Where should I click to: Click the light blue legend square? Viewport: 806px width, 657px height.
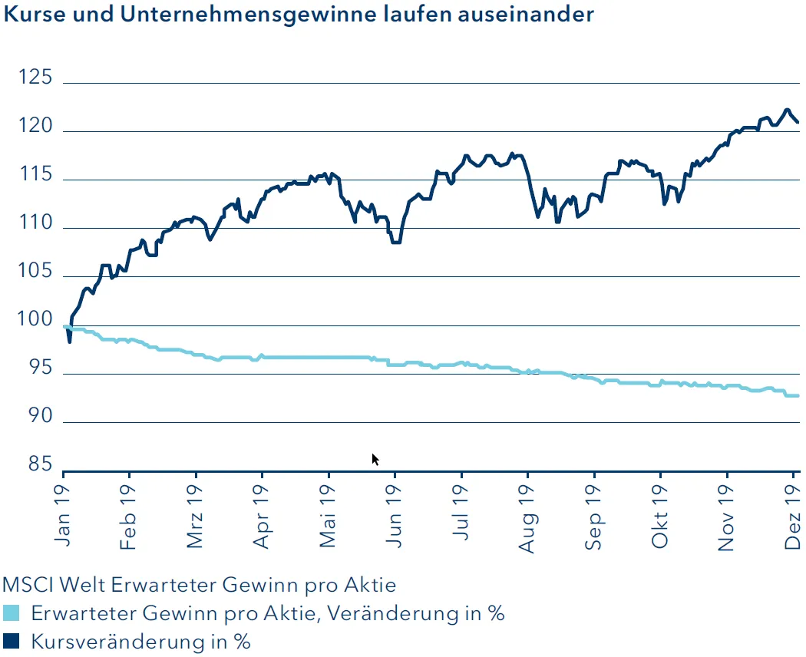12,614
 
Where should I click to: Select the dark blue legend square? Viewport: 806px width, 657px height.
12,641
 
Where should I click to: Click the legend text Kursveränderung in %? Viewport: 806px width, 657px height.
141,641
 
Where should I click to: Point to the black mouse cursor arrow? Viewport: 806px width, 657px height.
375,459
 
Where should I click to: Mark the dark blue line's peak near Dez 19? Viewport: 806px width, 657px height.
787,110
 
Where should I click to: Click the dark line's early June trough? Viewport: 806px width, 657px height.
396,242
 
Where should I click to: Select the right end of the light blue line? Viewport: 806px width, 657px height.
798,396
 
